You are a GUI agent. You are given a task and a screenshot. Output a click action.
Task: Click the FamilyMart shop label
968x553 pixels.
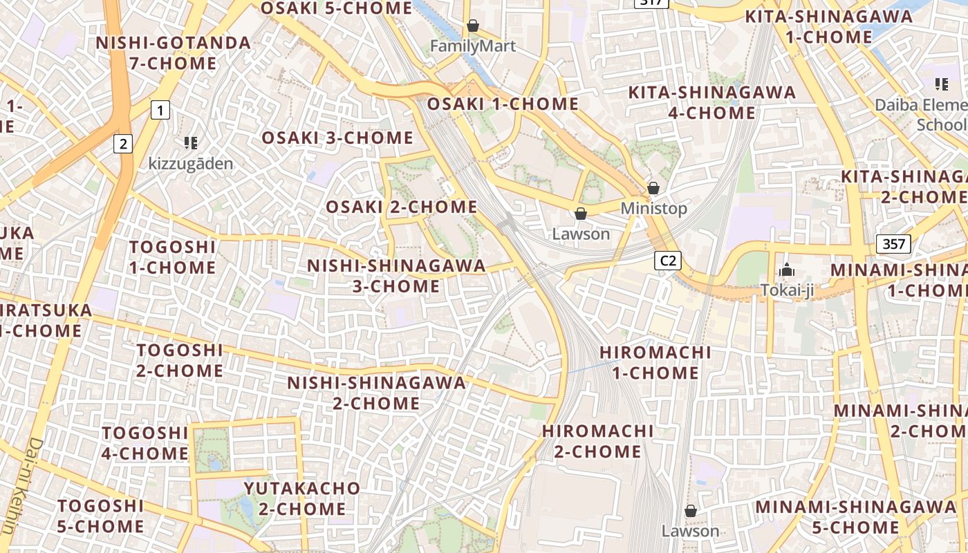[x=473, y=46]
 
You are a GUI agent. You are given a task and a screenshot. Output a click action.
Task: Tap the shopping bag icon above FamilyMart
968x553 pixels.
[x=473, y=26]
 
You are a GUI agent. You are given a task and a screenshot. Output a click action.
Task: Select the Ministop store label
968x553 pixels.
[x=653, y=208]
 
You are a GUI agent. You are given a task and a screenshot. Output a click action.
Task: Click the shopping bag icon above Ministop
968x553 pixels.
[x=653, y=188]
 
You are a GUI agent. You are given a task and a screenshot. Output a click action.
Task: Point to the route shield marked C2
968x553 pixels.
[x=668, y=261]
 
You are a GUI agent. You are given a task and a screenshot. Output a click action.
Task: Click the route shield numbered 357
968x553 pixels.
[x=893, y=243]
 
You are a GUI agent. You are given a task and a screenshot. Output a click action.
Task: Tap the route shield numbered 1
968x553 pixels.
[x=160, y=109]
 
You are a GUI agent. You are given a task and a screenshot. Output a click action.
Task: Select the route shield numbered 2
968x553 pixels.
[x=123, y=144]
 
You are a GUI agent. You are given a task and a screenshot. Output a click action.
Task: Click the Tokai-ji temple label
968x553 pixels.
[x=786, y=290]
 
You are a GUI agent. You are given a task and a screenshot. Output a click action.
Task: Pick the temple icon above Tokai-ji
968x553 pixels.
[x=786, y=270]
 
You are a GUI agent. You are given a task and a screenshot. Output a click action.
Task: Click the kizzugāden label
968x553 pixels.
[x=191, y=164]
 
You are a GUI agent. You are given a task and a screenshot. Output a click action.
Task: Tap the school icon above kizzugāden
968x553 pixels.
[x=191, y=143]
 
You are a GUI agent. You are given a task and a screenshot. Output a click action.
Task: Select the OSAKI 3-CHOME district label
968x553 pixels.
[x=337, y=138]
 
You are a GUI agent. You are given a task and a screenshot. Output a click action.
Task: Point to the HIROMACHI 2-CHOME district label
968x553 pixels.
[x=597, y=441]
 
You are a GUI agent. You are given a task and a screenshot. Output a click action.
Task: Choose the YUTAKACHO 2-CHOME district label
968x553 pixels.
[x=302, y=498]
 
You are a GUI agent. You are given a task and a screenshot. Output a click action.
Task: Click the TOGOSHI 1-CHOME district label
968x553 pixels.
[x=172, y=257]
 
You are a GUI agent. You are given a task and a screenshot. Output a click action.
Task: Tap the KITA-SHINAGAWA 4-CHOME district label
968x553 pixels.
[x=711, y=102]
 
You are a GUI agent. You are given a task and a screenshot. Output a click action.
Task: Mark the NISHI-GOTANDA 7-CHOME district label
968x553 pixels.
[x=173, y=53]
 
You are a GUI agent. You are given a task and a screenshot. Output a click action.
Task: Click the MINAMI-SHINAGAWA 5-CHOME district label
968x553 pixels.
[x=855, y=517]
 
